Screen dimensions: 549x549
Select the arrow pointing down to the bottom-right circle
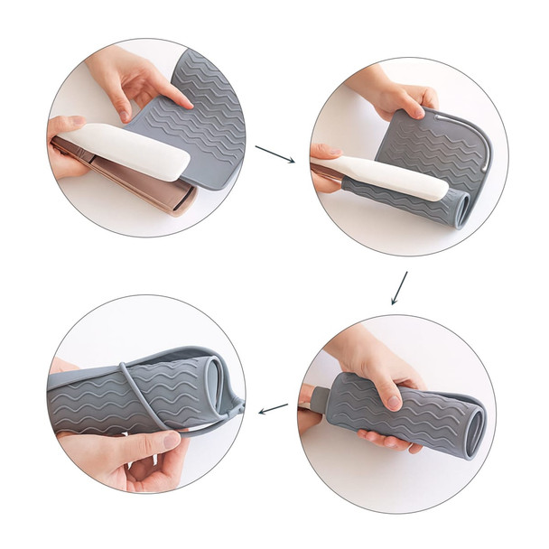click(399, 288)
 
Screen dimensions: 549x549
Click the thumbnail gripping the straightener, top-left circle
click(76, 124)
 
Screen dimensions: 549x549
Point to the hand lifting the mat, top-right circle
click(397, 96)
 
